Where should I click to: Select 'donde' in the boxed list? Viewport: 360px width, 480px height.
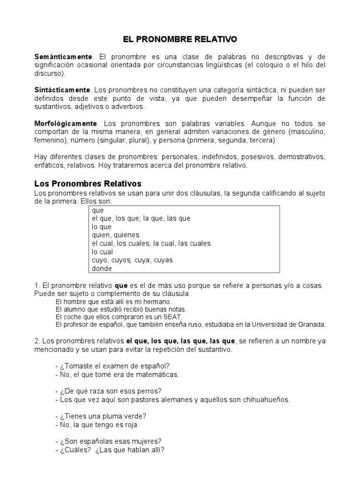click(102, 269)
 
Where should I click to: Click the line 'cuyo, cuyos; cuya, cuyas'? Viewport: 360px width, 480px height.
click(132, 260)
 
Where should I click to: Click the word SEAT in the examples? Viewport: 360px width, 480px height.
click(160, 316)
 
